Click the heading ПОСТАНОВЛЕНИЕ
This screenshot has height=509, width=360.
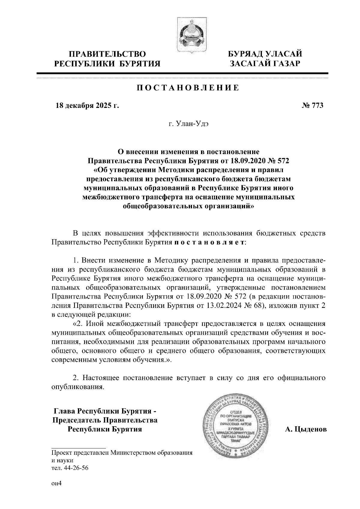(x=188, y=88)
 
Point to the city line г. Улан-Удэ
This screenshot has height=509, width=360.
(x=188, y=124)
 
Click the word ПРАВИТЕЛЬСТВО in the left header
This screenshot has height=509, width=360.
(x=107, y=54)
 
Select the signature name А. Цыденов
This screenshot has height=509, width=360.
(x=306, y=430)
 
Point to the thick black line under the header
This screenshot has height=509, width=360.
(x=182, y=73)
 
